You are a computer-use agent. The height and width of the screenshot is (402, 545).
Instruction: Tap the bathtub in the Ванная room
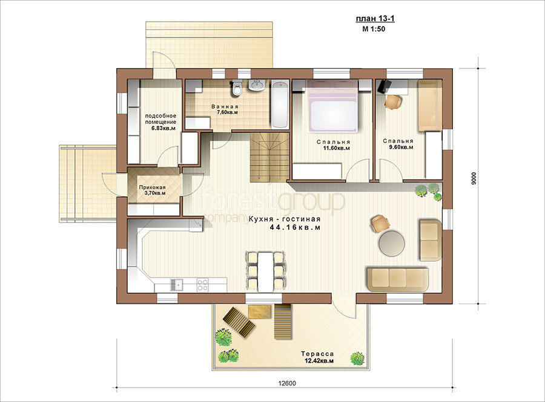coord(280,105)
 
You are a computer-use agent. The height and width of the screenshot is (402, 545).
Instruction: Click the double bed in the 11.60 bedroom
coord(333,106)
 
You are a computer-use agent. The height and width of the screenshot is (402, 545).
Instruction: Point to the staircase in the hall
coord(269,157)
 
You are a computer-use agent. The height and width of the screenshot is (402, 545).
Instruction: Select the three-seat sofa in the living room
coord(398,279)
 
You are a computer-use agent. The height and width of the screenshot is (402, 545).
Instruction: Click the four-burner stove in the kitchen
coord(202,285)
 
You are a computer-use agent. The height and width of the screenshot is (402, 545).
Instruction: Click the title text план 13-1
coord(375,19)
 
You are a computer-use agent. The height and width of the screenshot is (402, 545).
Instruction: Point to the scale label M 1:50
coord(374,29)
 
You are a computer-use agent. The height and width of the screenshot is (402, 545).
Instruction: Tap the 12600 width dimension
coord(287,383)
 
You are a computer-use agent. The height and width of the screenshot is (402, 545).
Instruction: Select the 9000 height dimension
coord(474,178)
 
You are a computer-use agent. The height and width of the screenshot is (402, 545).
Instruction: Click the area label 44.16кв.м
coord(295,227)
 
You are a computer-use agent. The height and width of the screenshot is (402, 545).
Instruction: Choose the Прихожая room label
coord(152,187)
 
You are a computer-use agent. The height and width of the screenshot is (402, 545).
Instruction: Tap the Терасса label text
coord(317,354)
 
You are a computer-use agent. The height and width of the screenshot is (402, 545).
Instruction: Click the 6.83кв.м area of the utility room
coord(163,128)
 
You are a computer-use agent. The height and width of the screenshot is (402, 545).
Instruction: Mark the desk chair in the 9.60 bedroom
coord(393,102)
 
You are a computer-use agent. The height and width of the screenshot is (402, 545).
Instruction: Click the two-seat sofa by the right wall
coord(431,239)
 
